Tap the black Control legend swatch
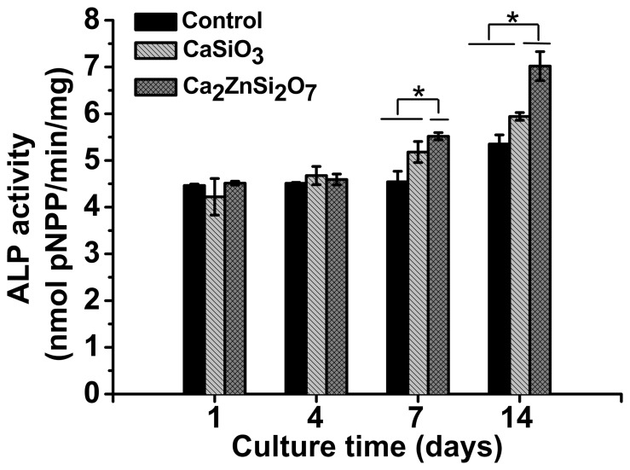pos(156,19)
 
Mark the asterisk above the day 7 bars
pos(419,92)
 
